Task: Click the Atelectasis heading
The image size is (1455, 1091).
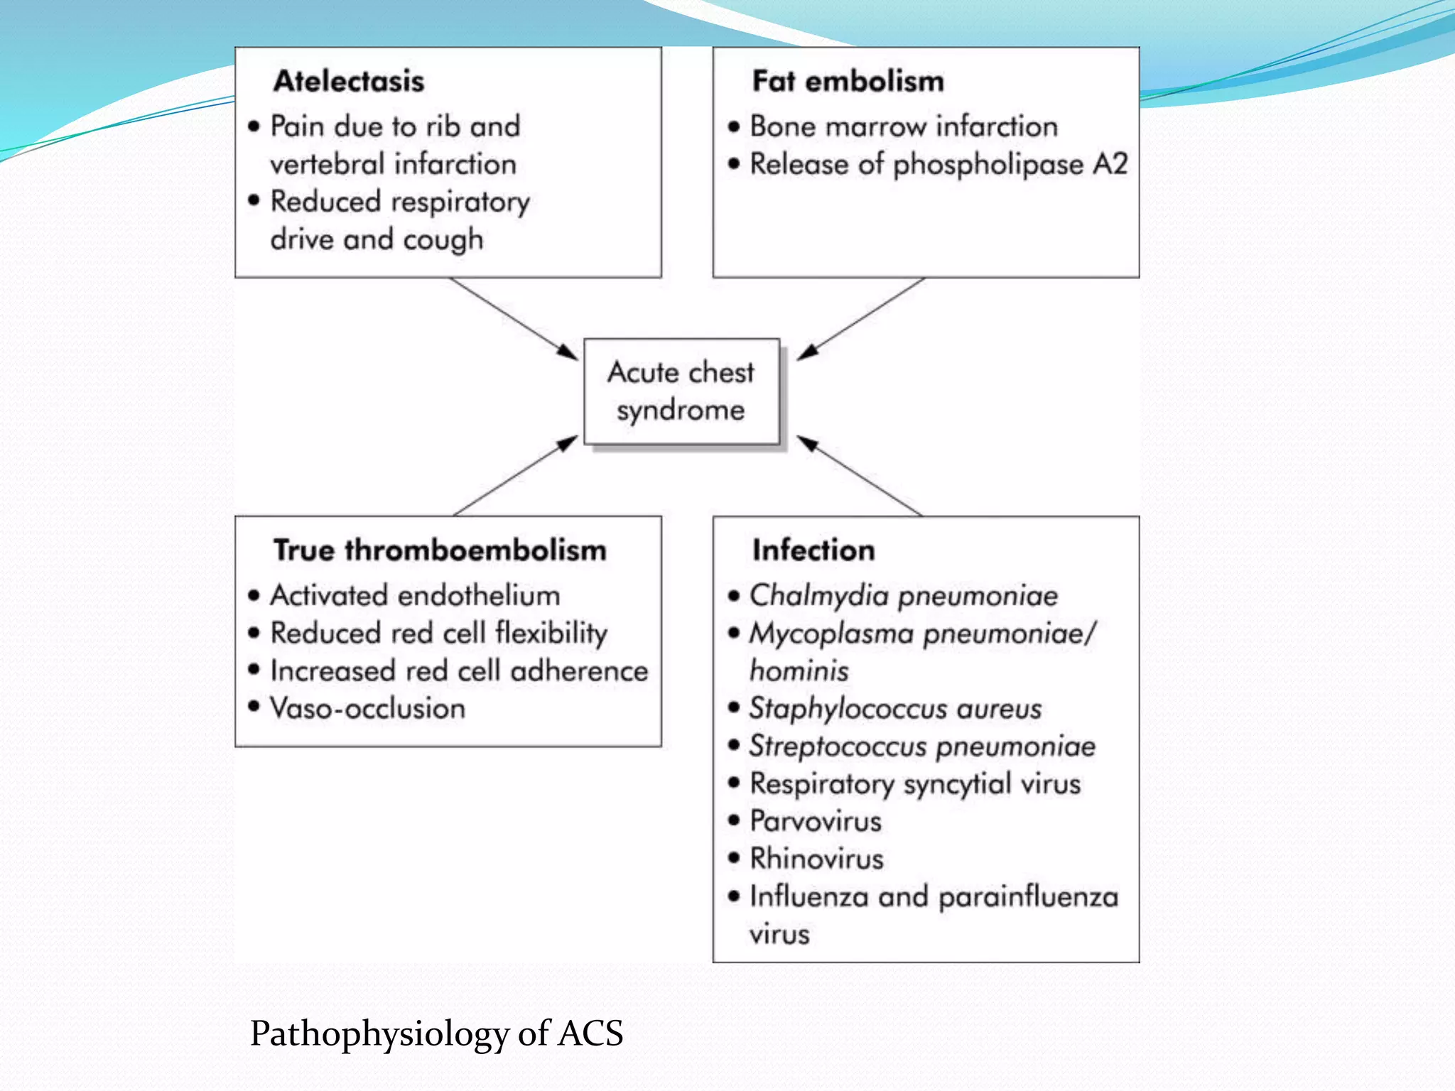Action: pyautogui.click(x=349, y=81)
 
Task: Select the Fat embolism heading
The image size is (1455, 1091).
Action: pyautogui.click(x=848, y=81)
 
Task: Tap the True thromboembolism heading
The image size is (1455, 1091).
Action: pyautogui.click(x=440, y=550)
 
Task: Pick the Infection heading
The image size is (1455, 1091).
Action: pyautogui.click(x=813, y=550)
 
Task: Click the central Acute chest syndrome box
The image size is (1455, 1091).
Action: pyautogui.click(x=681, y=391)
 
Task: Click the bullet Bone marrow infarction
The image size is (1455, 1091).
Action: pyautogui.click(x=904, y=126)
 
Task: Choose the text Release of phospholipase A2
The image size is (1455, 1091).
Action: pyautogui.click(x=939, y=165)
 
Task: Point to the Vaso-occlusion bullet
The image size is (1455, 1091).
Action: pyautogui.click(x=367, y=709)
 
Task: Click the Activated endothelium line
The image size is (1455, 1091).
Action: pyautogui.click(x=415, y=595)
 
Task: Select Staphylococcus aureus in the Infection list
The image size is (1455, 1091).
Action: pyautogui.click(x=895, y=709)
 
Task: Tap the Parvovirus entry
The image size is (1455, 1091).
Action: pyautogui.click(x=816, y=822)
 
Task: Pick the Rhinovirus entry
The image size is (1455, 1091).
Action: pyautogui.click(x=816, y=859)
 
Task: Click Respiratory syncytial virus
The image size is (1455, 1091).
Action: pyautogui.click(x=915, y=784)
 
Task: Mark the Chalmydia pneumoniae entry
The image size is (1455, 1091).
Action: pyautogui.click(x=904, y=595)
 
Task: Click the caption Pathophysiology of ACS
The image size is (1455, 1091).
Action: pyautogui.click(x=436, y=1033)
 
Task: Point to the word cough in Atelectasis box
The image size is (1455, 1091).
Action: pyautogui.click(x=443, y=240)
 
